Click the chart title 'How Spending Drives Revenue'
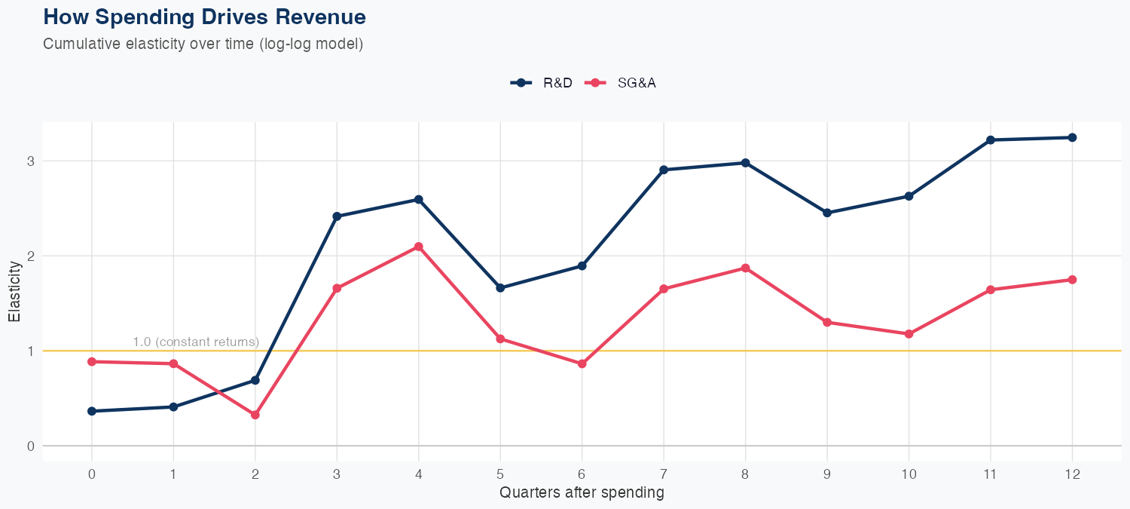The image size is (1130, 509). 205,17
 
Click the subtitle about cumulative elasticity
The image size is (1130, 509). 203,44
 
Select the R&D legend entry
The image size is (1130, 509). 542,83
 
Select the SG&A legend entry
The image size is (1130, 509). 625,83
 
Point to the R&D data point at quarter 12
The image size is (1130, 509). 1072,137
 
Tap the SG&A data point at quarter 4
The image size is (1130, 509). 419,247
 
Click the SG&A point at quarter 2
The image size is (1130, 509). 255,415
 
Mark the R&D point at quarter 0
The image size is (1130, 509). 92,411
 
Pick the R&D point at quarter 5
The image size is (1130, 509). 500,288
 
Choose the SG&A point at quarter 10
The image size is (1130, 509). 909,333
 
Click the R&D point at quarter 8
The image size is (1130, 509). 745,163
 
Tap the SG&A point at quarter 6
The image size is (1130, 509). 582,363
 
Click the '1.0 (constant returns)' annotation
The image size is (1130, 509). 196,342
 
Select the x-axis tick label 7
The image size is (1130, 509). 664,474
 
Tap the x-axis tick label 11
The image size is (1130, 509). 990,474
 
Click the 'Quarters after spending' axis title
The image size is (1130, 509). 582,493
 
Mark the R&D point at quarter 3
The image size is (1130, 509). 337,216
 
